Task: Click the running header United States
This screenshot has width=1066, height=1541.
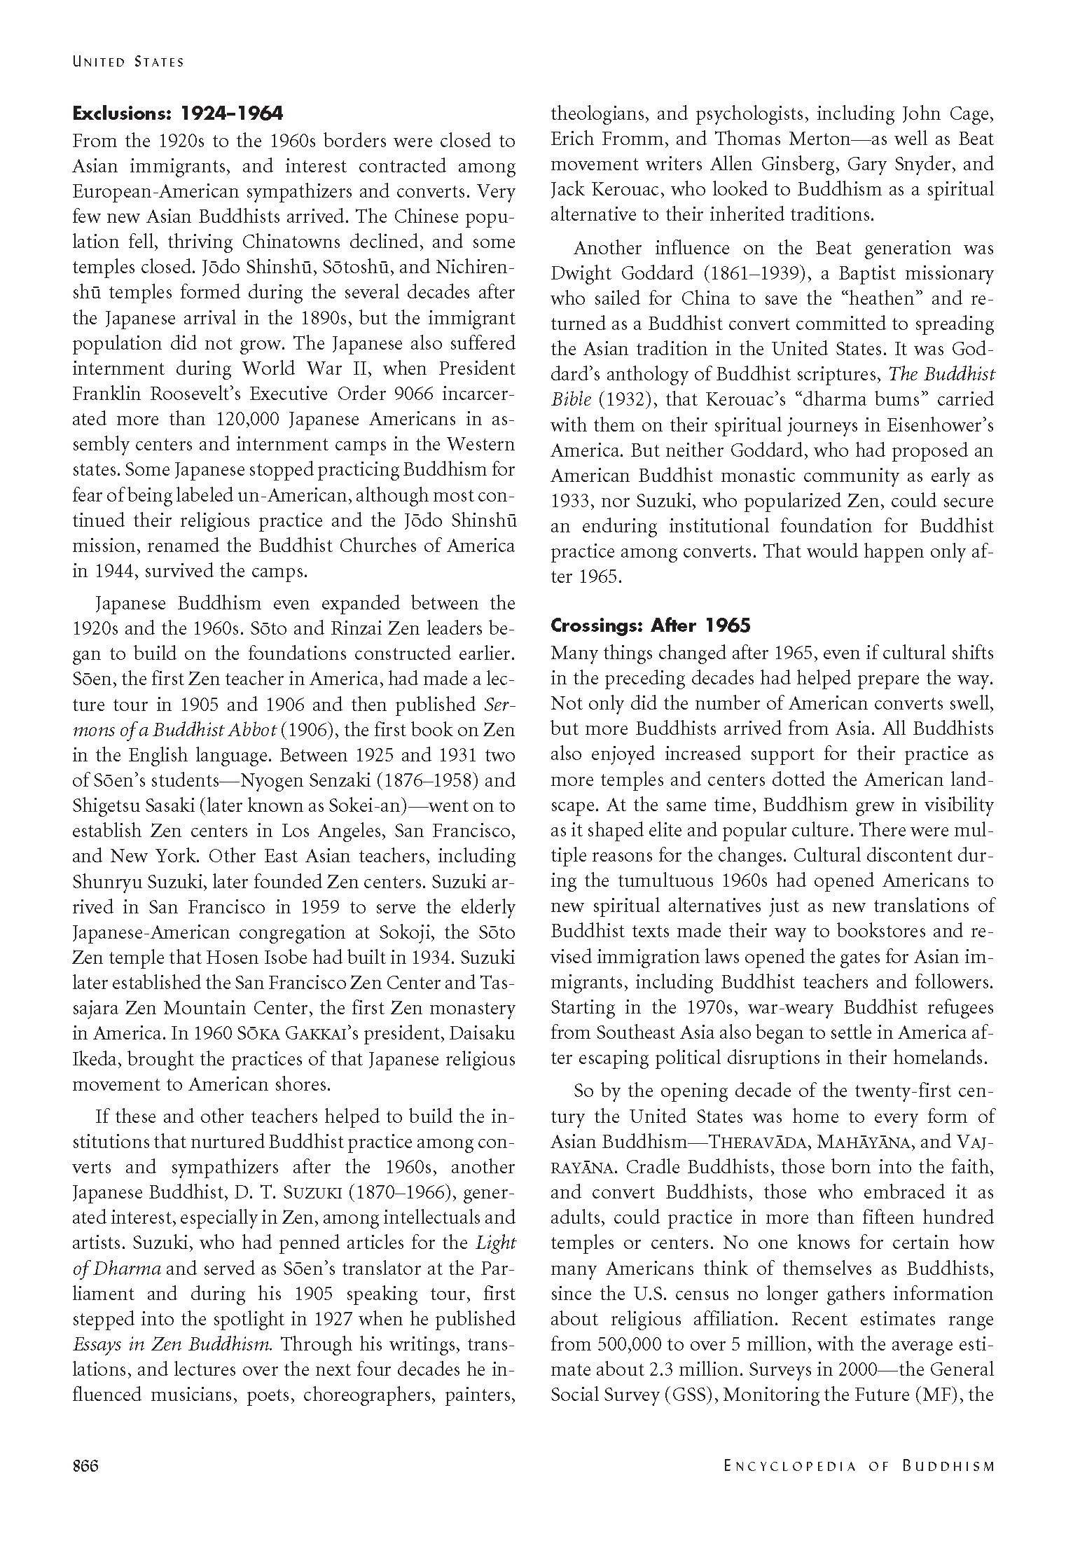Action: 128,62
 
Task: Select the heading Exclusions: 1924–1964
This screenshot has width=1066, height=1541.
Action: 178,113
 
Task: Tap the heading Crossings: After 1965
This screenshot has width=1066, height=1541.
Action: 650,625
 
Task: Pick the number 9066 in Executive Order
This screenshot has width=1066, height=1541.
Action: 408,394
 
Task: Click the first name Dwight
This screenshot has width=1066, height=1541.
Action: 578,273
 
